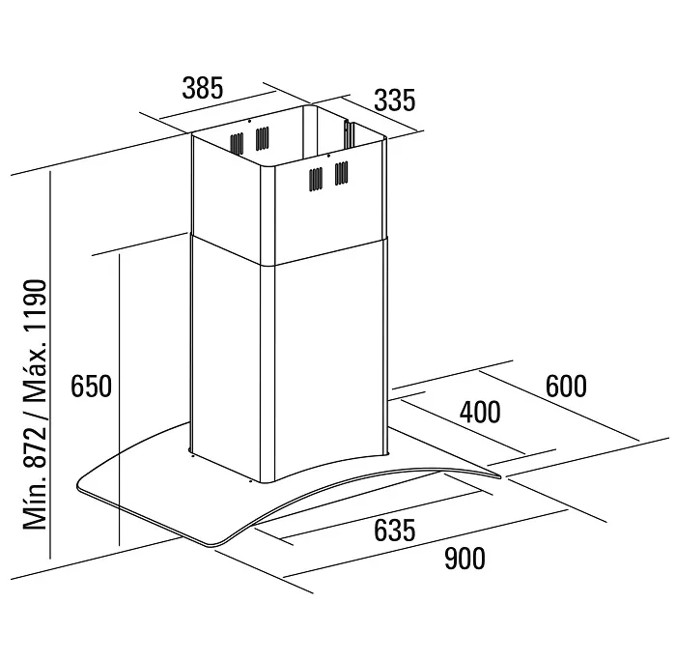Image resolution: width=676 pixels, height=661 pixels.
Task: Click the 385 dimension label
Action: pos(203,88)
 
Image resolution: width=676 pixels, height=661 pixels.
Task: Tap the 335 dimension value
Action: pos(394,101)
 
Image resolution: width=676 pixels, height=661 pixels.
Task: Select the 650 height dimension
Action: pos(91,387)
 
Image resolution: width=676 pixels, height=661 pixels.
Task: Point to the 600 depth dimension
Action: pos(566,387)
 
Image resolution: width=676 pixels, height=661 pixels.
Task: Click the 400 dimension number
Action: pos(480,412)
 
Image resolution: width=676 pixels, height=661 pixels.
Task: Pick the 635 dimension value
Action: pos(394,530)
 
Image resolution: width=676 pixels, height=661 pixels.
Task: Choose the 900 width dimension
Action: pos(465,559)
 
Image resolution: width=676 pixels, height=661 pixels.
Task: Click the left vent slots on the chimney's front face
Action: pos(316,180)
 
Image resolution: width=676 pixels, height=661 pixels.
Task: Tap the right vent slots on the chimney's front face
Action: pos(342,173)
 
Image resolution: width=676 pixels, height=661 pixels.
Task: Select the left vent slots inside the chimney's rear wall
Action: pos(237,144)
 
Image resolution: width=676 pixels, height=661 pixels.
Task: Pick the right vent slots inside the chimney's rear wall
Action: pos(262,138)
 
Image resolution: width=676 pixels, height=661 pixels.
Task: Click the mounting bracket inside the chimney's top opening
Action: pos(349,133)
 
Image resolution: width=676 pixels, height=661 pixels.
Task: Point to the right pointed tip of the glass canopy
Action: pos(499,476)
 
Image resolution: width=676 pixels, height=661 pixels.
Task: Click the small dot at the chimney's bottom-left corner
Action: pos(191,454)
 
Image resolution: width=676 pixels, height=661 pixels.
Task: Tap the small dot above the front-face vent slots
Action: pos(329,156)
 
